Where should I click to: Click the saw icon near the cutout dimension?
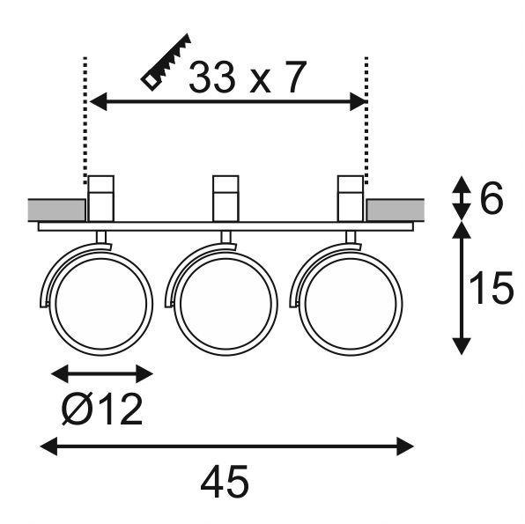166,63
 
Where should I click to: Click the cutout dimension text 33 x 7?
248,77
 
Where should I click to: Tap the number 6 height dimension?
492,198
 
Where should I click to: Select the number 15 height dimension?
492,288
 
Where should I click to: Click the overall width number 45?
225,482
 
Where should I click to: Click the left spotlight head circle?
100,304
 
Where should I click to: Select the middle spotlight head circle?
226,304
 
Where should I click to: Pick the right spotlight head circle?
351,304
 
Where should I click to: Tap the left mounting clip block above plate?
100,198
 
